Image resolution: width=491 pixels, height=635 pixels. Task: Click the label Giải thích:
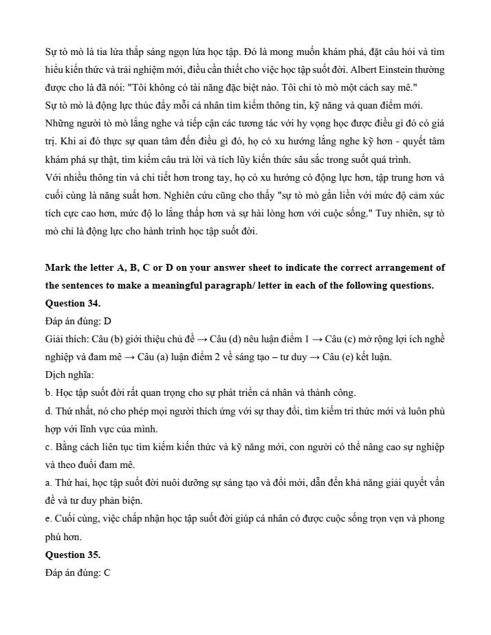(x=65, y=339)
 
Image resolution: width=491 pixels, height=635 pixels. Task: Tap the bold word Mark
(x=56, y=267)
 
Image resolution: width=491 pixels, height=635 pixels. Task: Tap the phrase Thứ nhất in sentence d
(x=74, y=411)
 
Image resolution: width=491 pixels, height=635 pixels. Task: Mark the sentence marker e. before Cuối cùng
(x=49, y=518)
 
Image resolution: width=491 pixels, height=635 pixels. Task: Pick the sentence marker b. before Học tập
(x=50, y=393)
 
